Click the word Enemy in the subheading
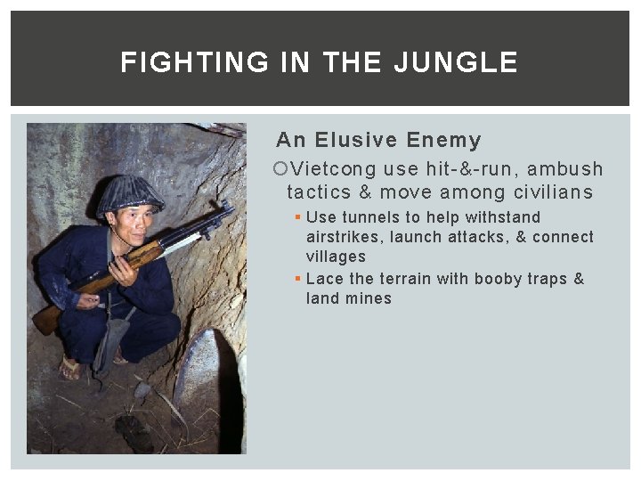point(443,140)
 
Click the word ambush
point(565,169)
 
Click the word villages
point(336,257)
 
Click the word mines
point(370,298)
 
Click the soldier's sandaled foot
point(71,366)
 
